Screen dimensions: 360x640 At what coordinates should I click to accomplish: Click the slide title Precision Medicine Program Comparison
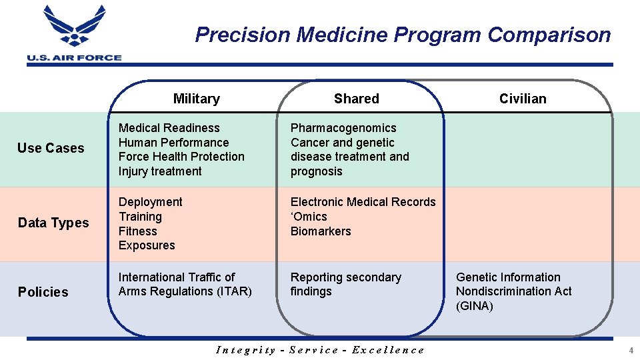(x=403, y=35)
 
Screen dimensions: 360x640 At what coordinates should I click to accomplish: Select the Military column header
(x=196, y=99)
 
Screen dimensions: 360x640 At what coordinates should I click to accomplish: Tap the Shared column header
(x=356, y=99)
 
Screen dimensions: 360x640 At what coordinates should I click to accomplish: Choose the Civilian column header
(x=523, y=99)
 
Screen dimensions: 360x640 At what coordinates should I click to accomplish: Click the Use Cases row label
(x=51, y=148)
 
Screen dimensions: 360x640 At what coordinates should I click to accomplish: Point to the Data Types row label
(x=53, y=223)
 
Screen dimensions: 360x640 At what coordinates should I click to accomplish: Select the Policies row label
(x=43, y=292)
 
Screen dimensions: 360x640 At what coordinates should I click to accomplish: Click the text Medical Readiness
(x=169, y=128)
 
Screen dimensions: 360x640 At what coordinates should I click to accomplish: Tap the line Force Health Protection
(x=181, y=157)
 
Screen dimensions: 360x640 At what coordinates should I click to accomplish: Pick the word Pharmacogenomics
(x=343, y=128)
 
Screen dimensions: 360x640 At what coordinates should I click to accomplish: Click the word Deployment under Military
(x=150, y=202)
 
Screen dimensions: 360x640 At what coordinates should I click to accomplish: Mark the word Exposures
(x=147, y=245)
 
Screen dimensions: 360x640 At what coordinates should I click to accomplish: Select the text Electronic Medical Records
(x=363, y=202)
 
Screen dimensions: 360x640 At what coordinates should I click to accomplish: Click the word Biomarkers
(x=321, y=231)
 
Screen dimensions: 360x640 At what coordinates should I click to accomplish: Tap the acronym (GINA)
(x=475, y=306)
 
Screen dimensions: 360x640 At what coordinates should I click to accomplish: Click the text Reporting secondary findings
(x=345, y=284)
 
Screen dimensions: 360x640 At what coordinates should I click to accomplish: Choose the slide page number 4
(x=631, y=351)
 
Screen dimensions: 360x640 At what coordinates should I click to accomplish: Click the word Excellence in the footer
(x=387, y=350)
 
